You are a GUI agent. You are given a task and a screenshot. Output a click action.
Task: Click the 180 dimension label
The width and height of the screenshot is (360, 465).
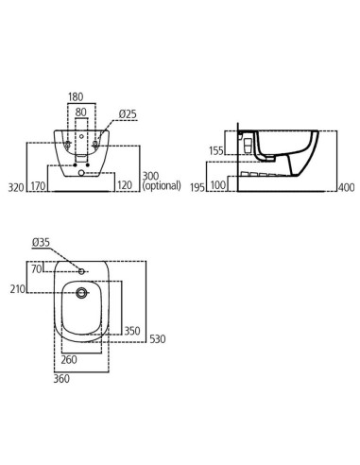click(77, 95)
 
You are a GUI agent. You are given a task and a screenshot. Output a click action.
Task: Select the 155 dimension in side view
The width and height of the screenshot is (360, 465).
click(216, 149)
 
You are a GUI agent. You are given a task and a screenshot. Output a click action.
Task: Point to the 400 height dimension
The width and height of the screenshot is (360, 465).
click(346, 187)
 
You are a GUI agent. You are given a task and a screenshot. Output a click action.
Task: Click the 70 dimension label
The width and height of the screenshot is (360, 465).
click(35, 269)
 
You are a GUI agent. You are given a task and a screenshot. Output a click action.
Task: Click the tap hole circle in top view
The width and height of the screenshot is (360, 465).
click(83, 272)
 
